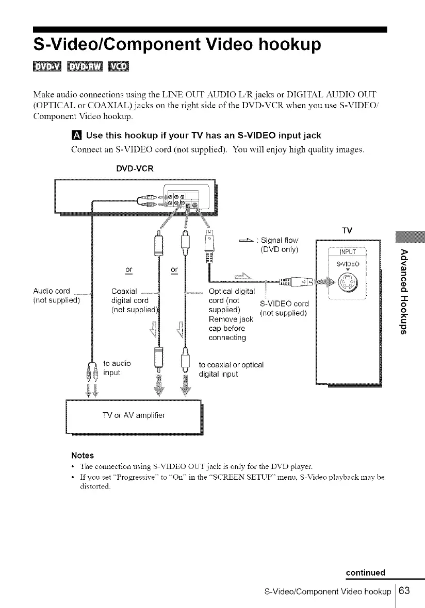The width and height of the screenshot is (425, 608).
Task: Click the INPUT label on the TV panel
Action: pos(347,252)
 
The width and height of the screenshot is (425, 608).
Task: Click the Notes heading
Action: pos(83,455)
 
